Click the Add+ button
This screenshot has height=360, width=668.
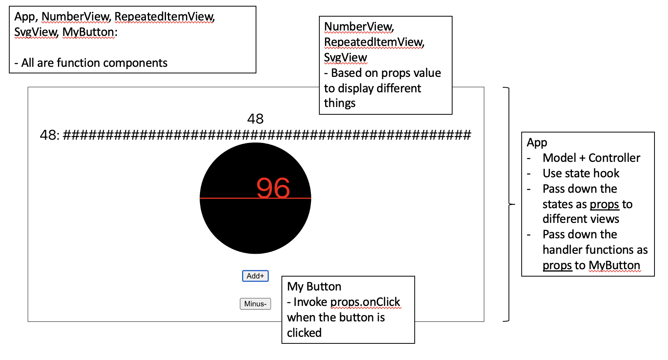255,276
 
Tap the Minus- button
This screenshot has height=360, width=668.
255,304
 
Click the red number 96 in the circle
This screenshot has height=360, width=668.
273,188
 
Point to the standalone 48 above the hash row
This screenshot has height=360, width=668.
255,119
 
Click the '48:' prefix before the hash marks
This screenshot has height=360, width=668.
50,135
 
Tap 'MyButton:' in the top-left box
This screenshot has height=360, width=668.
90,32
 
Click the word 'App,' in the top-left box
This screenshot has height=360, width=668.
26,17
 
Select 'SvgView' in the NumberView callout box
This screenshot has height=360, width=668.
345,57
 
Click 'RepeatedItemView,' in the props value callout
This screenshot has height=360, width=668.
374,42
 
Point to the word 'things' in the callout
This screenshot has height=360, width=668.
339,103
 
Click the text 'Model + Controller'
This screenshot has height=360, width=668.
591,158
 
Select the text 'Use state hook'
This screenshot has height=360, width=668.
581,173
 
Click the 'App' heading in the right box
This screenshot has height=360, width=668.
537,143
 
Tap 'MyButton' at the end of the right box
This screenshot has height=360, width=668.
614,265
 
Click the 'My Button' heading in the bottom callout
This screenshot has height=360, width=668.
314,286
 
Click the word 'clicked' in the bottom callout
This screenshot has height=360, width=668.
304,333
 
